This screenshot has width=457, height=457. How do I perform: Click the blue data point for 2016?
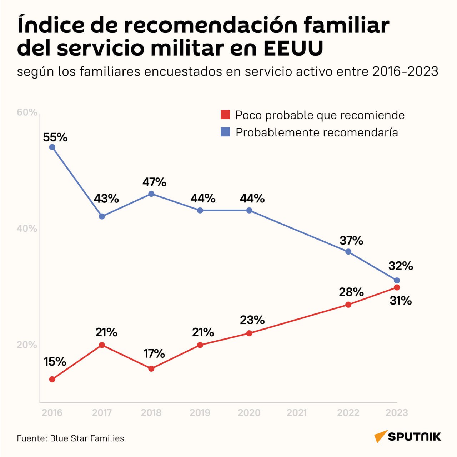tap(52, 147)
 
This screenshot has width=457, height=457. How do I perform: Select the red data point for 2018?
tap(151, 369)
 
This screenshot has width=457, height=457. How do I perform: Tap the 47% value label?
tap(154, 182)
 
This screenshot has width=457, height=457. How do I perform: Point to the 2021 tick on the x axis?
tap(297, 413)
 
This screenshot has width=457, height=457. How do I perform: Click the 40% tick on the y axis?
tap(27, 228)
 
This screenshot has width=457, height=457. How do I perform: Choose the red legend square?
tap(225, 115)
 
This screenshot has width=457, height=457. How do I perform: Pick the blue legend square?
tap(225, 132)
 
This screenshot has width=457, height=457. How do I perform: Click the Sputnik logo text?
tap(414, 437)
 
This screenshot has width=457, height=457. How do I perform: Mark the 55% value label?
tap(55, 137)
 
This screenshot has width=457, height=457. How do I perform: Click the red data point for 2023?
tap(397, 287)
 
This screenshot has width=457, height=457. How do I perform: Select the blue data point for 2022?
tap(348, 252)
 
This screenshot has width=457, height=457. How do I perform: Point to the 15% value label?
tap(55, 362)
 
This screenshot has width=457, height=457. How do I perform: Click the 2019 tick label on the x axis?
tap(200, 413)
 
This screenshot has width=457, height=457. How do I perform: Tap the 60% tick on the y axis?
tap(27, 112)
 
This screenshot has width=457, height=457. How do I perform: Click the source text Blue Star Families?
tap(87, 438)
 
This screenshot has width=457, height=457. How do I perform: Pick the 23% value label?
tap(252, 320)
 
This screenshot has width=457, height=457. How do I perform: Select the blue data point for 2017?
tap(102, 216)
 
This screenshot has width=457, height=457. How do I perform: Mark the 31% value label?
tap(401, 301)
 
